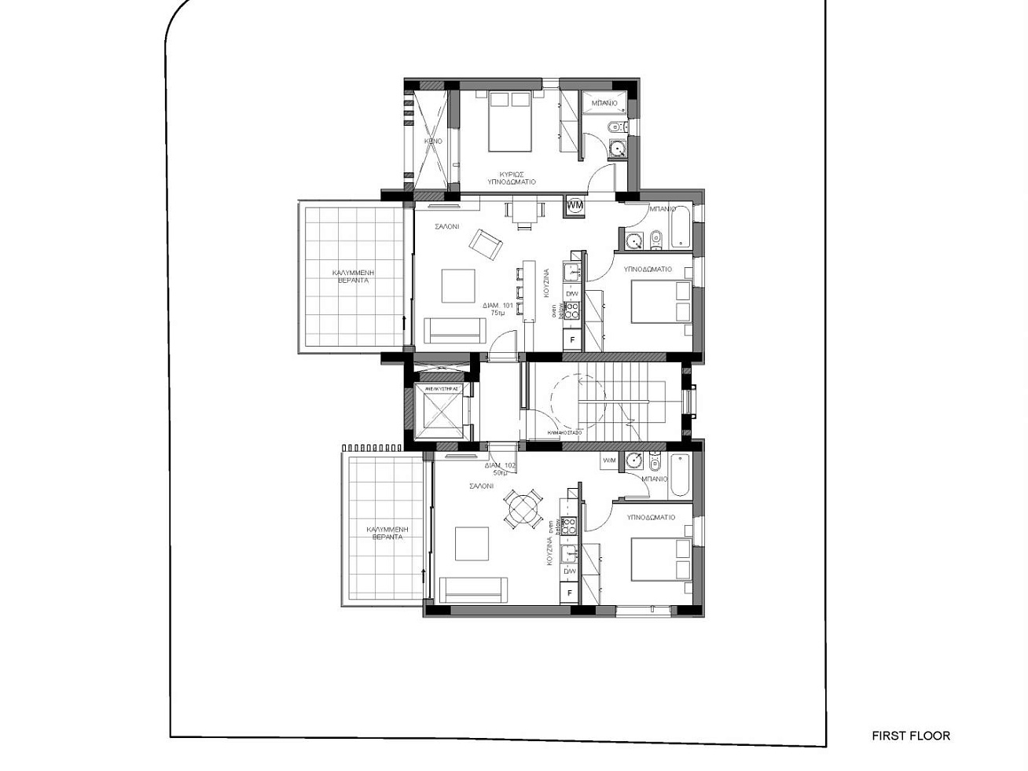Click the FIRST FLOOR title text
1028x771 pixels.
(910, 736)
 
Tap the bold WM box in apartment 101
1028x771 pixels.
(575, 205)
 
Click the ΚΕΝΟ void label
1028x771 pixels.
(433, 141)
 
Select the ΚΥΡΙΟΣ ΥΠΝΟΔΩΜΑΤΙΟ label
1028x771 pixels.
(511, 178)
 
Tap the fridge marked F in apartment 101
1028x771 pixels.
(572, 340)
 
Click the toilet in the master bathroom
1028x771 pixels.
(613, 127)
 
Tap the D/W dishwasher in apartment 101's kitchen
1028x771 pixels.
(572, 294)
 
